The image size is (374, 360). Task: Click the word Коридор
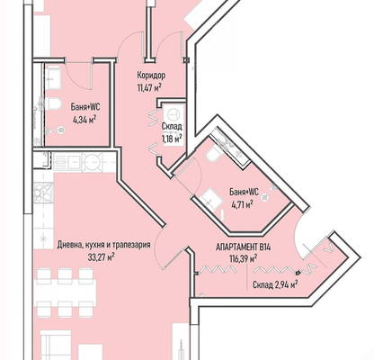(x=151, y=75)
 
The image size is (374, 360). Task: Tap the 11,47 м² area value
(x=149, y=88)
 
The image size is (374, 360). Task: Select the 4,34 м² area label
(x=84, y=120)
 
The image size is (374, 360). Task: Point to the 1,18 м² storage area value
(x=172, y=139)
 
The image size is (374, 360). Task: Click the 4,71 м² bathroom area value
(x=242, y=204)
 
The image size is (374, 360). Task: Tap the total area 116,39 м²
(x=243, y=258)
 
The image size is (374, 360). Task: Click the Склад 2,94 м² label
(x=275, y=284)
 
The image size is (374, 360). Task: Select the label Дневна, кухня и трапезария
(x=103, y=245)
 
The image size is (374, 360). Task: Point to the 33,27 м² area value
(x=102, y=257)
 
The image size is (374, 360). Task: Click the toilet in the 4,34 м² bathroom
(x=54, y=103)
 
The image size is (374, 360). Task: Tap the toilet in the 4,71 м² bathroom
(x=214, y=155)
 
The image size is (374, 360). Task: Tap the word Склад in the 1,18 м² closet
(x=172, y=127)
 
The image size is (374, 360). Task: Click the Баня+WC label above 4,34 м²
(x=85, y=107)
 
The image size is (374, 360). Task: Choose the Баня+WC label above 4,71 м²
(x=244, y=192)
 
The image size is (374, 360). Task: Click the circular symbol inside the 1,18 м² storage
(x=173, y=114)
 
